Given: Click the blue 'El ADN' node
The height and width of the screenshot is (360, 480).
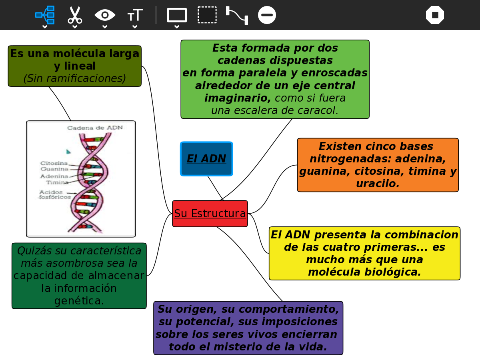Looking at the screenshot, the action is coord(206,159).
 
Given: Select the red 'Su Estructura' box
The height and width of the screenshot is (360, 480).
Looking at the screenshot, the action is coord(210,214).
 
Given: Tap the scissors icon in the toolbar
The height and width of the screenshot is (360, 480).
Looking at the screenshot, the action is coord(75,15).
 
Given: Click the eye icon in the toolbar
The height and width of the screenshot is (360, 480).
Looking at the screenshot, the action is coord(105,15).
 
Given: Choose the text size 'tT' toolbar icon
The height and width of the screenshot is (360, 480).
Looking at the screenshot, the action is coord(135,16).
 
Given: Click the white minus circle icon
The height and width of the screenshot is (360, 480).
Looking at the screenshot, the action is coord(267,15).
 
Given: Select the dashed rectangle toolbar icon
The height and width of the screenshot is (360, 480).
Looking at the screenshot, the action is coord(207,15).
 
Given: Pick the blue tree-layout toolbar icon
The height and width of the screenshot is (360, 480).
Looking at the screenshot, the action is coord(45,15).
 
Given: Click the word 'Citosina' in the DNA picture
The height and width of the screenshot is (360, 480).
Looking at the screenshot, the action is coord(54,163).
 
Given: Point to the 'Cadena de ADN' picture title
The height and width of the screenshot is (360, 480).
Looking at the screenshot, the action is coord(95,128).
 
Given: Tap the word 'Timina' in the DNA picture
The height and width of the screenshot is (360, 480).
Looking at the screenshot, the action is coord(57,182).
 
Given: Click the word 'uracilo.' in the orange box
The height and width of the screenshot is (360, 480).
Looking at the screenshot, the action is coord(378,184).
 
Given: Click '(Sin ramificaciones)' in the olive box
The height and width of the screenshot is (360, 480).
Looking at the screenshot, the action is coord(75,79).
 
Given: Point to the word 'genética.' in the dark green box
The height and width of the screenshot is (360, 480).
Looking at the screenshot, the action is coord(79,301).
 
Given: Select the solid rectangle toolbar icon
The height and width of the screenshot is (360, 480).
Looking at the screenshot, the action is coord(177,15).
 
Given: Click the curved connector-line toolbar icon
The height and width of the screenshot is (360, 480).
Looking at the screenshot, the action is coord(237,15).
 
